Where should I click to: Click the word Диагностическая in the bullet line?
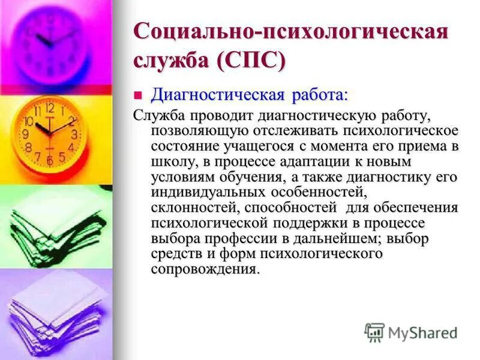[x=217, y=95]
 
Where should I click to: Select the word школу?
[x=171, y=161]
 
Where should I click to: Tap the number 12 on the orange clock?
[x=50, y=109]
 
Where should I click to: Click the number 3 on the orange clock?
[x=74, y=134]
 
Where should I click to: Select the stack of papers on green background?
[x=54, y=225]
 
